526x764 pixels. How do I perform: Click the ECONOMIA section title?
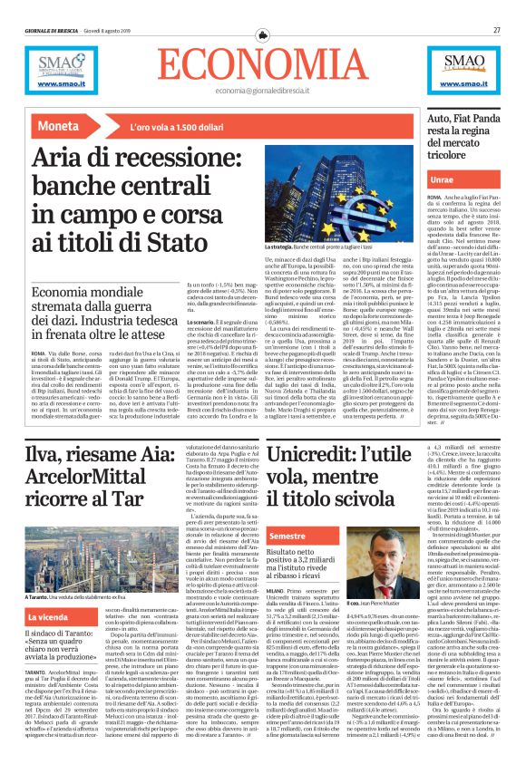point(262,63)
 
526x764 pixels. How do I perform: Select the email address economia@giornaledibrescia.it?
point(262,91)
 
